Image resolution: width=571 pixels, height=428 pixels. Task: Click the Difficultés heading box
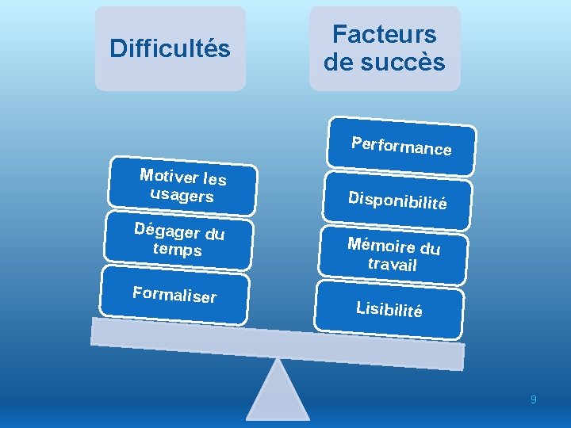click(x=170, y=48)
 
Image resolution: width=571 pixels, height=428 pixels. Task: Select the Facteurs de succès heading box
click(x=385, y=48)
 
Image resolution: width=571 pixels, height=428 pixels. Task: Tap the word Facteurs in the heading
click(x=385, y=35)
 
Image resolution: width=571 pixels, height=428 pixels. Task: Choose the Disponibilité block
click(x=397, y=201)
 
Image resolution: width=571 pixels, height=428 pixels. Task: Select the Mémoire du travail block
click(x=393, y=254)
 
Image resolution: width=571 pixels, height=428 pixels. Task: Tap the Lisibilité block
click(x=389, y=308)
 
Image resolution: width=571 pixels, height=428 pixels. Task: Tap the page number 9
click(x=534, y=400)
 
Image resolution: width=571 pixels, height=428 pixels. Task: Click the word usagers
click(x=182, y=195)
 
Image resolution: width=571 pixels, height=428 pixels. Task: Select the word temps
click(x=178, y=249)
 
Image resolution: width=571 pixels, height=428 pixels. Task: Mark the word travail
click(x=392, y=264)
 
